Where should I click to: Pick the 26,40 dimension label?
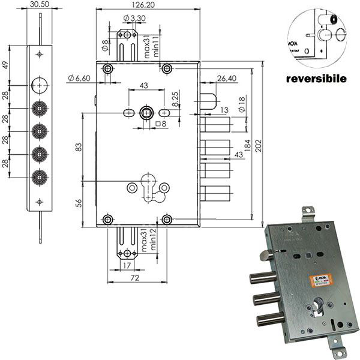point(226,77)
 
